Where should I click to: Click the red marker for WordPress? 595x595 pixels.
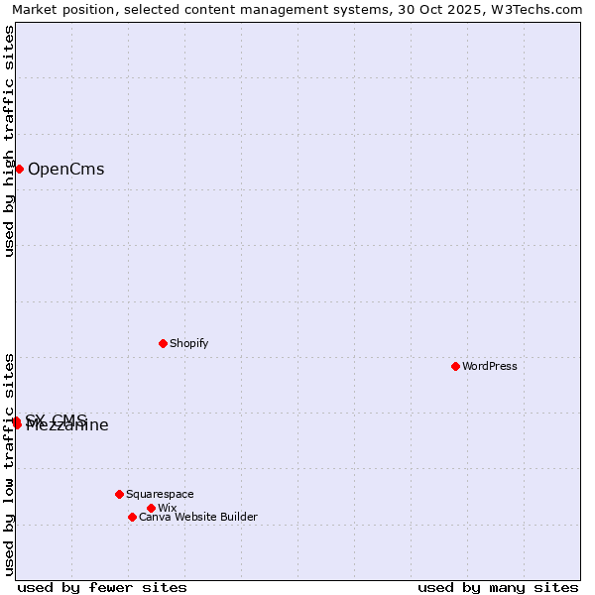tap(455, 366)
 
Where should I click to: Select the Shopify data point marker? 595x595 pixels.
tap(163, 343)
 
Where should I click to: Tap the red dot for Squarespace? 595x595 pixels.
tap(119, 494)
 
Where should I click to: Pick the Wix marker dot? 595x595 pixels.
tap(151, 508)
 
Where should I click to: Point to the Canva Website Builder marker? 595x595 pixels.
tap(132, 517)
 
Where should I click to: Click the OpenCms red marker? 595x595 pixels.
tap(19, 169)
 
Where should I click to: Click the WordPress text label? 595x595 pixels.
tap(490, 366)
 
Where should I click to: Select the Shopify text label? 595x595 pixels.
tap(188, 343)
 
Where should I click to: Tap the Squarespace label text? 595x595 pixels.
tap(160, 494)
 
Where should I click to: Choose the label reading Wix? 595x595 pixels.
tap(167, 508)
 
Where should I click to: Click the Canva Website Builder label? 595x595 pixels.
tap(197, 517)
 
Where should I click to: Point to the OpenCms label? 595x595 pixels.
tap(65, 169)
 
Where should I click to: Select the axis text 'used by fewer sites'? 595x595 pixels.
tap(102, 587)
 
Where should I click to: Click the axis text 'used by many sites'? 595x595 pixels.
tap(498, 587)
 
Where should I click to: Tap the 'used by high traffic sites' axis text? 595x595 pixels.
tap(9, 141)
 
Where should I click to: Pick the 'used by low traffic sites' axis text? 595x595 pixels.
tap(9, 464)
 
